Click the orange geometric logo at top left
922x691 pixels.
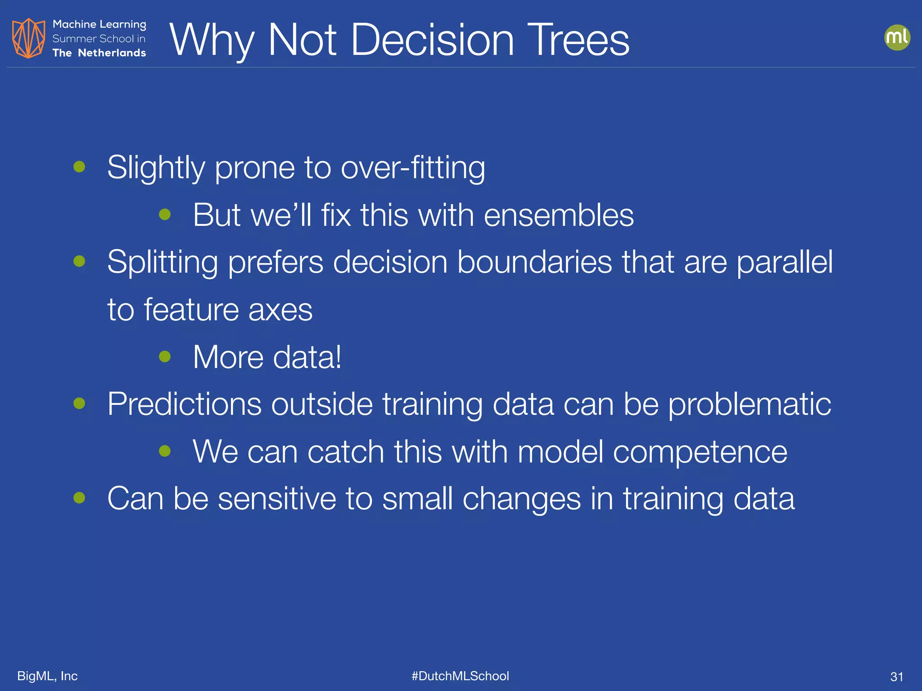pyautogui.click(x=28, y=38)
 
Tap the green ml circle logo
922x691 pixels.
pyautogui.click(x=897, y=37)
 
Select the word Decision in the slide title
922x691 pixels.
pyautogui.click(x=432, y=40)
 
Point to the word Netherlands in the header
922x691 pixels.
pyautogui.click(x=112, y=53)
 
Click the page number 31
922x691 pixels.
pyautogui.click(x=896, y=677)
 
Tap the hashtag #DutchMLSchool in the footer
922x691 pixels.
pyautogui.click(x=460, y=676)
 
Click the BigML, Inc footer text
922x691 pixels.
pyautogui.click(x=47, y=676)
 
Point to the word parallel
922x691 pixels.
pyautogui.click(x=784, y=262)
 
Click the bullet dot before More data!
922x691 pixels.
pyautogui.click(x=165, y=357)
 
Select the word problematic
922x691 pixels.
pyautogui.click(x=749, y=404)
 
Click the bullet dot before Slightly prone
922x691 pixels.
pyautogui.click(x=79, y=167)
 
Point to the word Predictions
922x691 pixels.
pyautogui.click(x=184, y=404)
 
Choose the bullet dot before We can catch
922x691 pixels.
pyautogui.click(x=165, y=451)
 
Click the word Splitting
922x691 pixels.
pyautogui.click(x=162, y=262)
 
